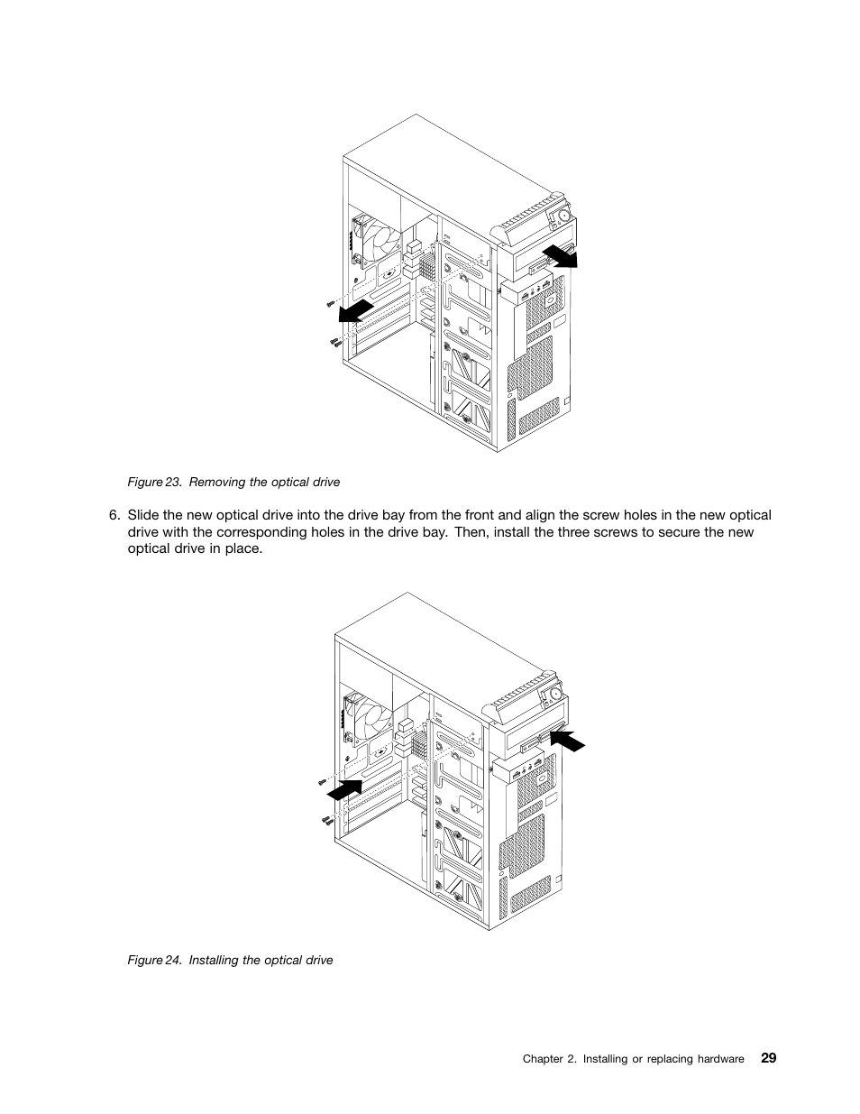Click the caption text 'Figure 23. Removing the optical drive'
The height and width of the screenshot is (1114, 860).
point(233,482)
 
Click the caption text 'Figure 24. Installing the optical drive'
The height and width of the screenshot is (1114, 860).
point(230,960)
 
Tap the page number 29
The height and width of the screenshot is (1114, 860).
point(767,1058)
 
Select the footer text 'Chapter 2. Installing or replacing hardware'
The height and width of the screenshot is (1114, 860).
point(633,1059)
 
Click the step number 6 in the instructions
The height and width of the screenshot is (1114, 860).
point(114,515)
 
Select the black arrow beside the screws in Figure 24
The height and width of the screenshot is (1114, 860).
point(347,789)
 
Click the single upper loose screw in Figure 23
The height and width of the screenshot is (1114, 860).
point(330,305)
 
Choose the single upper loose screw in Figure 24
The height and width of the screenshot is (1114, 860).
point(321,781)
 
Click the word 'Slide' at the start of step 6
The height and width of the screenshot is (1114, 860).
point(142,515)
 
